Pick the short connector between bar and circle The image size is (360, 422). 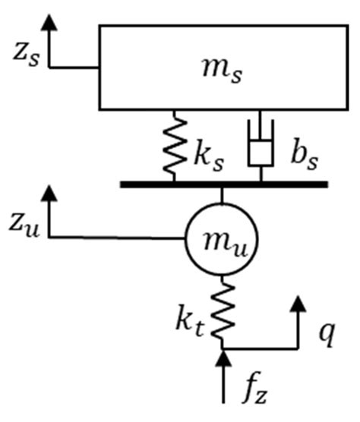(x=222, y=196)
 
